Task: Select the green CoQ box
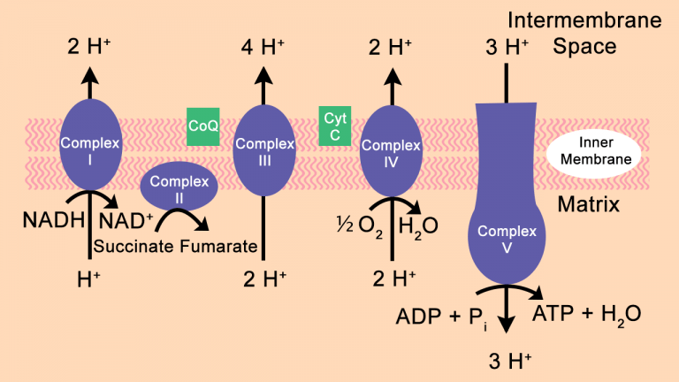click(x=203, y=126)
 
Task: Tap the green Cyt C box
click(x=333, y=126)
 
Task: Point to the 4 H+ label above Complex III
click(x=263, y=47)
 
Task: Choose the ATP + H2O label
click(x=585, y=314)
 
